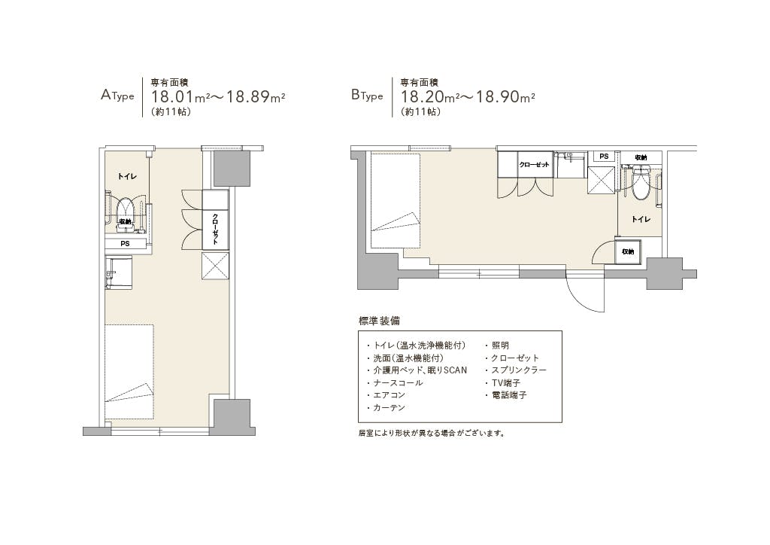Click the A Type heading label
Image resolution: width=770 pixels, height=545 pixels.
(117, 95)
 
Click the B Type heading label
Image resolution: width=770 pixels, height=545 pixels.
(367, 95)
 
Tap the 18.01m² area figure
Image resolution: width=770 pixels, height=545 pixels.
(180, 97)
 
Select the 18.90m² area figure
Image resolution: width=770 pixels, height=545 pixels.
(505, 97)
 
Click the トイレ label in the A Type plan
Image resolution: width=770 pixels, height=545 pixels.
(127, 176)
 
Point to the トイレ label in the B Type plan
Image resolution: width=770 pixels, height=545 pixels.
(641, 219)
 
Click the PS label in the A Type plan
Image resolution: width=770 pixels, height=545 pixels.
(126, 243)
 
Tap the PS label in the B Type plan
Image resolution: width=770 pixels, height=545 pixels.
(604, 157)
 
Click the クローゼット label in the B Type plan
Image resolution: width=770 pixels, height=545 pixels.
(535, 165)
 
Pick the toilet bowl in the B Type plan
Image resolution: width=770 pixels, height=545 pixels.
(641, 183)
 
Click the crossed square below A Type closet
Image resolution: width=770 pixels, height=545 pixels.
(216, 266)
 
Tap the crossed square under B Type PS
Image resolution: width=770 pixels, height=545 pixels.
(602, 180)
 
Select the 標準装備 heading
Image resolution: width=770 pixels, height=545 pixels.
(379, 321)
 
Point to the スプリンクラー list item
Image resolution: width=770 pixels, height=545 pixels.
(519, 370)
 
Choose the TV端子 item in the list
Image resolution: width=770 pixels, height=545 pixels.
(506, 382)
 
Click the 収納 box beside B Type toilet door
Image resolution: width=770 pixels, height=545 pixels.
(628, 251)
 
